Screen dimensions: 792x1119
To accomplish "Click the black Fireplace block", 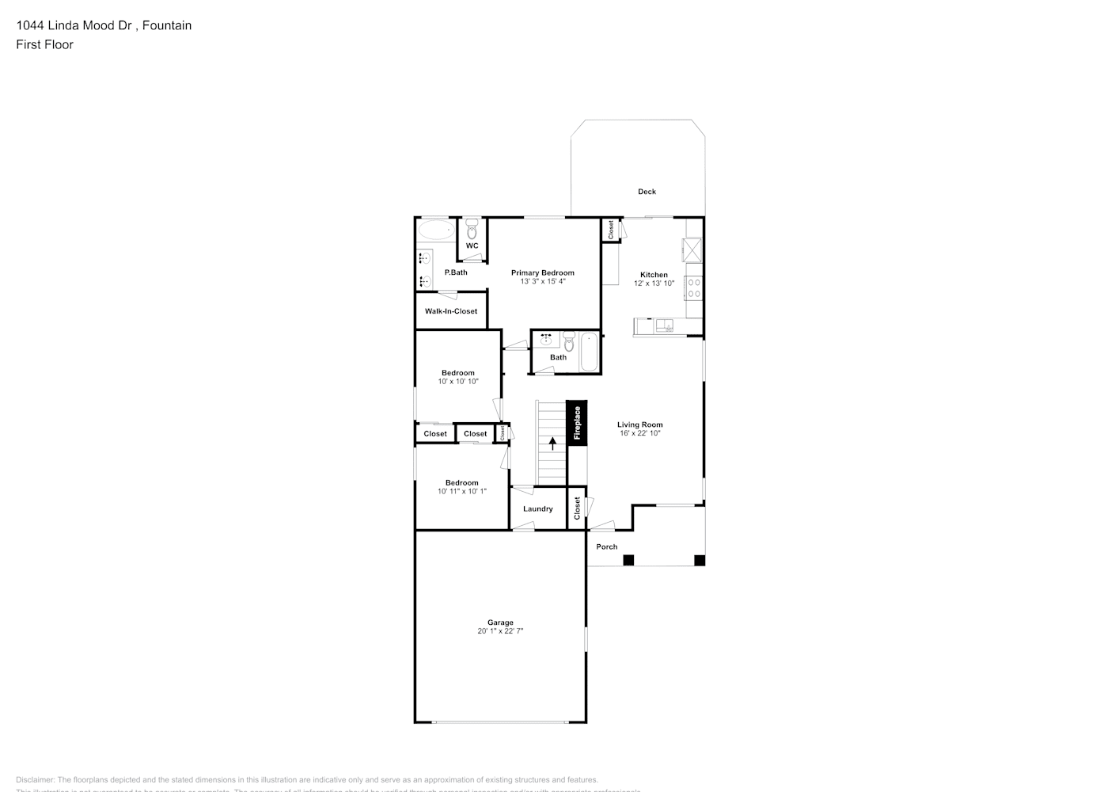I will click(577, 423).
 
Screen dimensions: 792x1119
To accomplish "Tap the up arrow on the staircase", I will click(552, 443).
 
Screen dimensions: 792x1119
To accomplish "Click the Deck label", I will click(647, 192).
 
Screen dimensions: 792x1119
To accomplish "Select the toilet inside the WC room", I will click(472, 230).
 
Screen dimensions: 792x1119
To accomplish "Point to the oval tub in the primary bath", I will click(435, 230).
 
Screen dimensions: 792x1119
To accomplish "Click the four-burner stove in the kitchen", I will click(693, 287).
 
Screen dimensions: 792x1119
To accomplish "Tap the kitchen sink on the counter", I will click(663, 325).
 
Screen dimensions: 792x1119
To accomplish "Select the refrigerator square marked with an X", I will click(693, 250).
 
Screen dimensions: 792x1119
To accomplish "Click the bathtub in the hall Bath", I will click(590, 353).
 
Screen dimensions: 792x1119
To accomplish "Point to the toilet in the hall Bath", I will click(568, 342).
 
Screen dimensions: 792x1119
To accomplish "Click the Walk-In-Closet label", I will click(451, 311).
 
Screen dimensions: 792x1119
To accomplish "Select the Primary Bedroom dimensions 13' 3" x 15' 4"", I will click(542, 282).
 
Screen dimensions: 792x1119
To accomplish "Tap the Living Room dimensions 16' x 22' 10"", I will click(640, 434).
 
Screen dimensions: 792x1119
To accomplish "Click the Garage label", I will click(500, 623).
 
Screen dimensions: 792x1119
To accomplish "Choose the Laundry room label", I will click(538, 508).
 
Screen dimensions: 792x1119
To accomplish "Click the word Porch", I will click(607, 546).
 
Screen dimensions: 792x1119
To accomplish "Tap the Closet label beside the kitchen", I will click(611, 229).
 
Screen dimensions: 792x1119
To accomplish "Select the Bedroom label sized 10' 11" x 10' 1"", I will click(462, 482).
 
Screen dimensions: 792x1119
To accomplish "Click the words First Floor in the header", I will click(44, 44).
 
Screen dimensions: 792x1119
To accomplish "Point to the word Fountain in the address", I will click(167, 25).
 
